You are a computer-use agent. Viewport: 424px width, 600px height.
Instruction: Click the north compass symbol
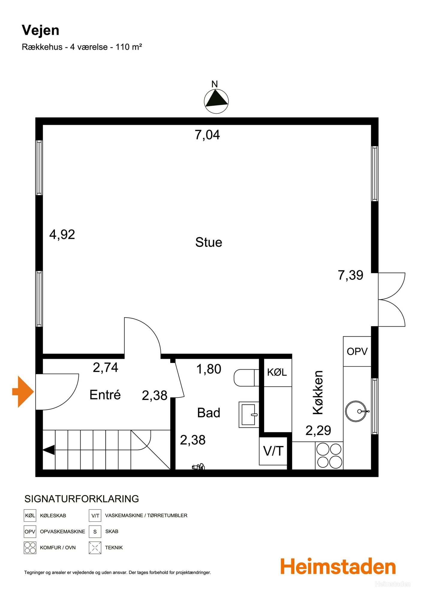[216, 101]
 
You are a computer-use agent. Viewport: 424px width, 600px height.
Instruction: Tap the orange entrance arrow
[23, 391]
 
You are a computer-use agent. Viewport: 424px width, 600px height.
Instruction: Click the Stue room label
[209, 242]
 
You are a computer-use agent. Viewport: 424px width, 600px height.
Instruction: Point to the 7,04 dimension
[207, 135]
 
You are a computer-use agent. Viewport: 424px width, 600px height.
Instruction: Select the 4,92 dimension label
[62, 235]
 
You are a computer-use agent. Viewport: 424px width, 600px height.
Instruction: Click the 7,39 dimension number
[351, 275]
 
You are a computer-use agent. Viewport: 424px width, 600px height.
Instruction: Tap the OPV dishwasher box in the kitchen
[357, 351]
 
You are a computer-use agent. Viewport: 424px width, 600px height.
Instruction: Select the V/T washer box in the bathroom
[273, 451]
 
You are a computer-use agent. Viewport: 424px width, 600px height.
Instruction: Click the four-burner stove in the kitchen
[329, 455]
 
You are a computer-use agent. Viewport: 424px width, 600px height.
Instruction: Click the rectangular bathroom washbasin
[249, 415]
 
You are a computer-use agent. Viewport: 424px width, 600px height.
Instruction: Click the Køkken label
[318, 392]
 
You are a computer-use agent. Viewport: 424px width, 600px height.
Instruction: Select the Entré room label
[105, 395]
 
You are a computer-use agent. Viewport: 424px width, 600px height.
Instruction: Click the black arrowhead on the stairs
[49, 450]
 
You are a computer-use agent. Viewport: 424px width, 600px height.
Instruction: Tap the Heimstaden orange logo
[338, 566]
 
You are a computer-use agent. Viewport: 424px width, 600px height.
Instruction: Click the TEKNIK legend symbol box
[95, 547]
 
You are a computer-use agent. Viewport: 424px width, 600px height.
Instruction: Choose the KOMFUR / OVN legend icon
[30, 547]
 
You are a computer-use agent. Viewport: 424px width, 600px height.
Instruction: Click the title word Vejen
[40, 30]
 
